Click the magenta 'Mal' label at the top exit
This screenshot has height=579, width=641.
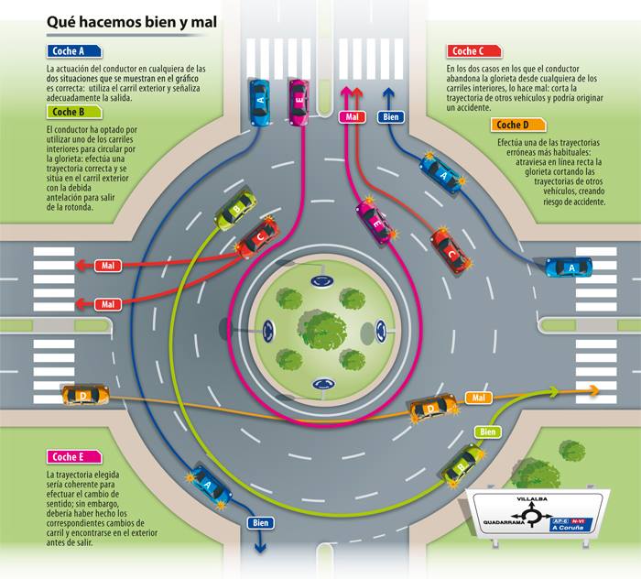pos(353,116)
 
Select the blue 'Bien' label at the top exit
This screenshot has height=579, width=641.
pos(392,116)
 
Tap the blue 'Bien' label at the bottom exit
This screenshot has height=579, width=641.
pos(259,522)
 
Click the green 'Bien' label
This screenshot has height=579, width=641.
pos(488,431)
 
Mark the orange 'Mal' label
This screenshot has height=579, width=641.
pos(477,398)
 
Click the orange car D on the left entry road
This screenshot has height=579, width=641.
pos(85,395)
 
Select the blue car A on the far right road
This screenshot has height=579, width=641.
pos(569,267)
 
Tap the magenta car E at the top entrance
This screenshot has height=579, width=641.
pos(298,102)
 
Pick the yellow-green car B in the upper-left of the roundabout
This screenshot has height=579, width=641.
pos(235,210)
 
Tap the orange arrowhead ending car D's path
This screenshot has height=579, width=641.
pos(594,391)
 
